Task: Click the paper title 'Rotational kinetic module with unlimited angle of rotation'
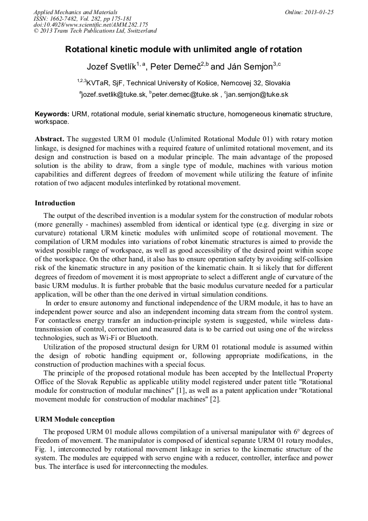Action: coord(183,49)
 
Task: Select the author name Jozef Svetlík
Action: coord(111,67)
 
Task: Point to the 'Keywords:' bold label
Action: coord(52,115)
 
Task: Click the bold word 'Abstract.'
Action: coord(50,139)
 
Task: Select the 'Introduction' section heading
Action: coord(55,203)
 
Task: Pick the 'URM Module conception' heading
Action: coord(74,419)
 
